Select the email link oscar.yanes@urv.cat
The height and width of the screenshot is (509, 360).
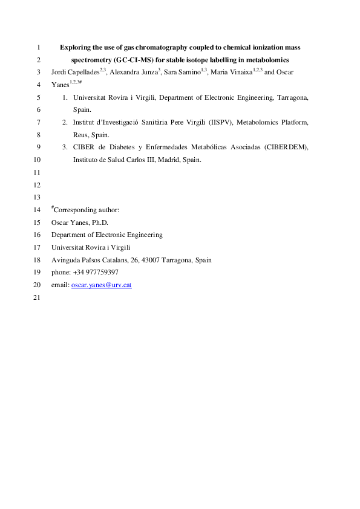click(x=102, y=285)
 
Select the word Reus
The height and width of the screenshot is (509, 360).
click(x=80, y=135)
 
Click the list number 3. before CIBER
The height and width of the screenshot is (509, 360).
click(x=65, y=148)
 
